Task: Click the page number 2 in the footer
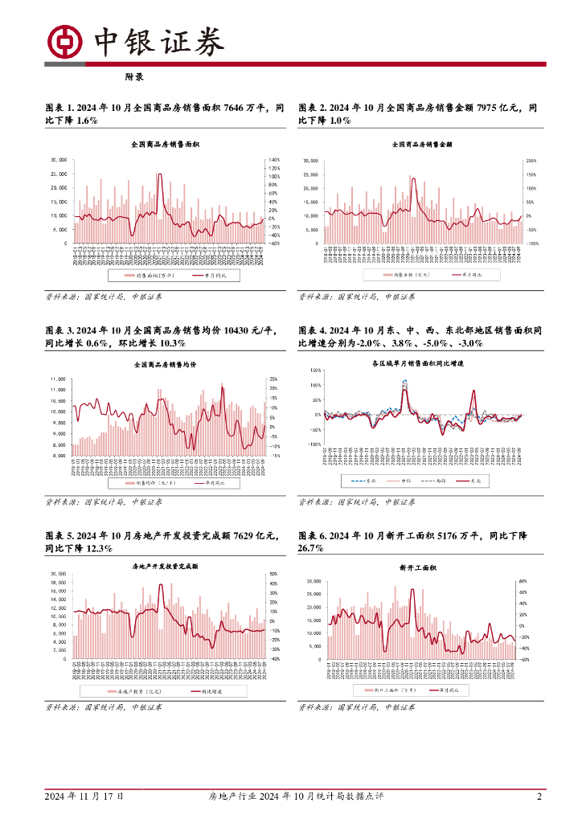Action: (x=539, y=796)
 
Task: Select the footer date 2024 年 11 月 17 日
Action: (x=85, y=796)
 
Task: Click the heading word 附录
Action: (x=133, y=78)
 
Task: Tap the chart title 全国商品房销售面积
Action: (x=165, y=145)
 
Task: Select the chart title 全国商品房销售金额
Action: (x=422, y=145)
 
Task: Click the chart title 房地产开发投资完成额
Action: (x=165, y=566)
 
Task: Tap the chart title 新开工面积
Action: (x=417, y=567)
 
